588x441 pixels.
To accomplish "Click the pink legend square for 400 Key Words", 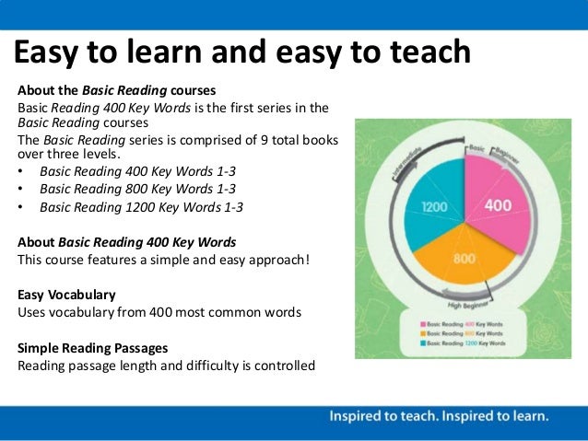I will click(423, 325).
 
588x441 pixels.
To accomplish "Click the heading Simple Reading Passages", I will click(92, 348).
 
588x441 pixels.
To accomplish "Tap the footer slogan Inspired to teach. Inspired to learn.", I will click(439, 416).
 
